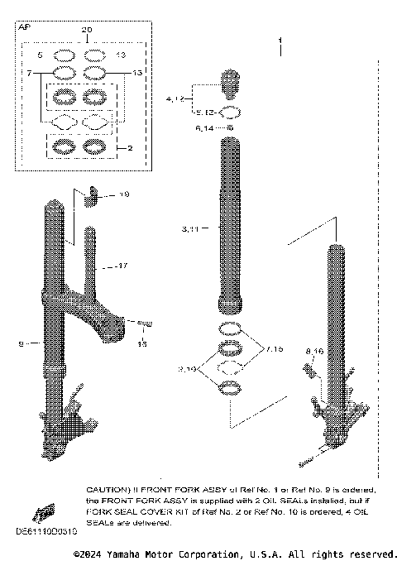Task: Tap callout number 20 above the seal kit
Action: (x=87, y=30)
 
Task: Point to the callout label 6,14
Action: (x=204, y=128)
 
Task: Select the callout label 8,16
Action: (x=314, y=352)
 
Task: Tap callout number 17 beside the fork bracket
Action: (x=122, y=266)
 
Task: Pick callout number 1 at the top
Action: (x=280, y=40)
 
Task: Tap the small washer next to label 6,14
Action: (x=230, y=128)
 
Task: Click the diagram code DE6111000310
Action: (x=38, y=530)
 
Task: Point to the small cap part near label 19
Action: (x=93, y=195)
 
